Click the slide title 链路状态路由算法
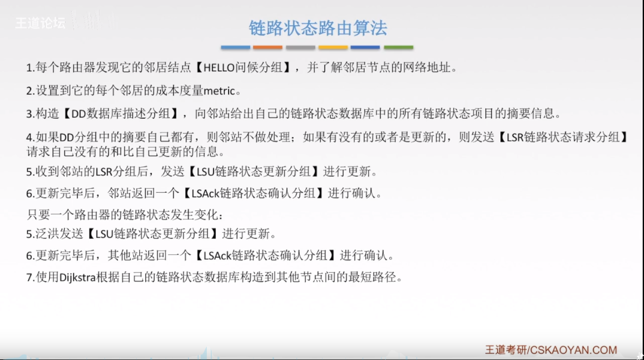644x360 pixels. pyautogui.click(x=318, y=28)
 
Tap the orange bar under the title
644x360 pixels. pyautogui.click(x=267, y=47)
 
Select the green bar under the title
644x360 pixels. pyautogui.click(x=398, y=47)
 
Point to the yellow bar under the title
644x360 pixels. pyautogui.click(x=333, y=47)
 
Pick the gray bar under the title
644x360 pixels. pyautogui.click(x=300, y=47)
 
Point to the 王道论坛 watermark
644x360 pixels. pyautogui.click(x=40, y=23)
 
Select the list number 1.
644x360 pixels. pyautogui.click(x=29, y=68)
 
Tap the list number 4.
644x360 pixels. pyautogui.click(x=29, y=137)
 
